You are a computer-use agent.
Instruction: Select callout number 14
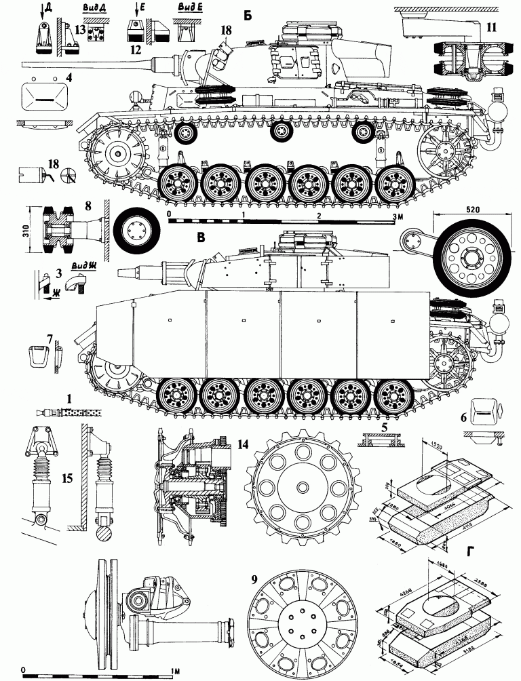[x=242, y=444]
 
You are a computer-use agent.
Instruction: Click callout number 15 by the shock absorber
[x=66, y=478]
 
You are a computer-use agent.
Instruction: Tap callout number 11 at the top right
[x=491, y=28]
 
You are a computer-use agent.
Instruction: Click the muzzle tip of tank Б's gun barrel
[x=24, y=64]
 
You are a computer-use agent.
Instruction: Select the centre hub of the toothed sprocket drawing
[x=300, y=486]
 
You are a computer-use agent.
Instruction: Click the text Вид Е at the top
[x=183, y=9]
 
